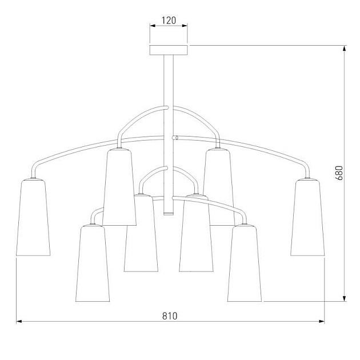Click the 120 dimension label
point(169,21)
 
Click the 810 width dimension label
point(170,316)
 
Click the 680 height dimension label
point(339,173)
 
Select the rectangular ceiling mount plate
point(169,50)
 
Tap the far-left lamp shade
point(33,217)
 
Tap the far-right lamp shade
point(307,217)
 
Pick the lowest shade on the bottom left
point(93,263)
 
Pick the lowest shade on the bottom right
point(245,263)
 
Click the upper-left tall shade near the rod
point(119,187)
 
